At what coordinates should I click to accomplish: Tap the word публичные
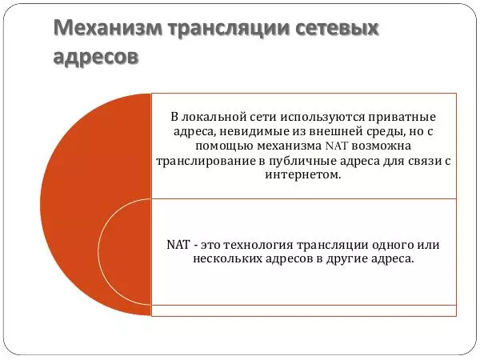[x=308, y=161]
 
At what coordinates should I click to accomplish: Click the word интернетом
[x=306, y=175]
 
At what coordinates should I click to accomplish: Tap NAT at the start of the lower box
[x=178, y=245]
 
